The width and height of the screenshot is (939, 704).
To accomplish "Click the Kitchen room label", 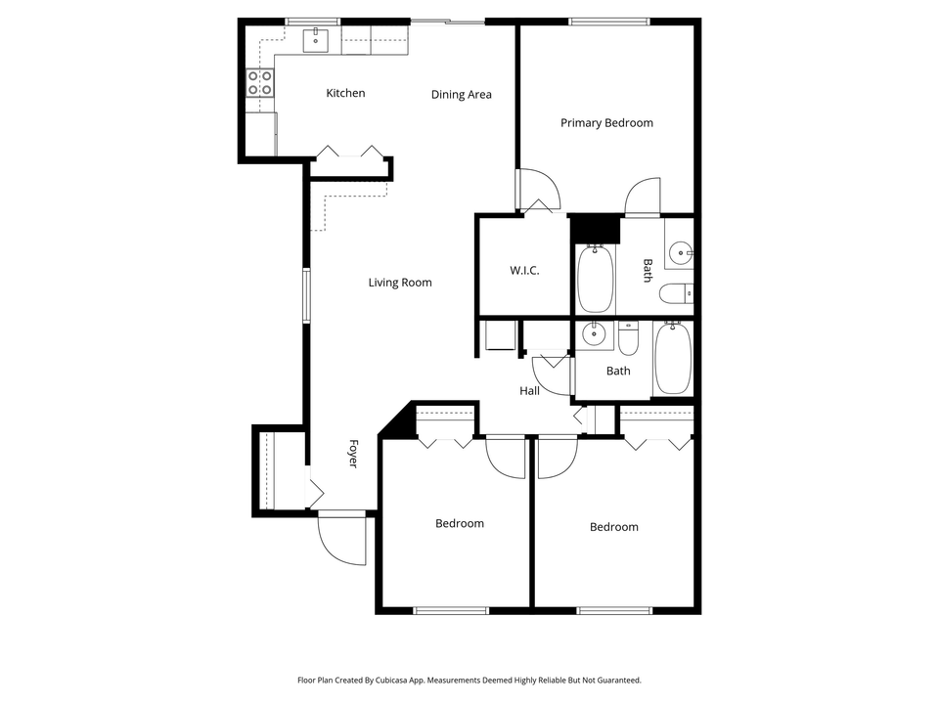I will tap(345, 93).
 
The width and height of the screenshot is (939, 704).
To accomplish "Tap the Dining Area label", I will tap(461, 95).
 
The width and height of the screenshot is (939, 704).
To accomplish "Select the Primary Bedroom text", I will tap(606, 123).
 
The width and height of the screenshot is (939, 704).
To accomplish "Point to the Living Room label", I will tap(400, 283).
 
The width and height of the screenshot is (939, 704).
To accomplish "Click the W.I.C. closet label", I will tap(524, 271).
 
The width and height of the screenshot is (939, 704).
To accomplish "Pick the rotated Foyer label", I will tap(352, 453).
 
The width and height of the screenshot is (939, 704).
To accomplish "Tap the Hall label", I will tap(529, 391).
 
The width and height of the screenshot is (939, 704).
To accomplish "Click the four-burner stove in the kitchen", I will tap(259, 83).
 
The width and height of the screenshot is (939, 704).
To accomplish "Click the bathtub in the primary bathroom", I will tap(595, 279).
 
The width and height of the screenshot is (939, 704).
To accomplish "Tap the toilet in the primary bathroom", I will tap(676, 292).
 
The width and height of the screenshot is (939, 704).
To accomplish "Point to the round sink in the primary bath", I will tap(680, 254).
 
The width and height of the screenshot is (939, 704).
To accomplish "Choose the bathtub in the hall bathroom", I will tap(672, 358).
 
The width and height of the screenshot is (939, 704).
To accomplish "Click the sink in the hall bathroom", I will tap(594, 335).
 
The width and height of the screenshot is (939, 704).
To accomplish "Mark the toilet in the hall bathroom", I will tap(629, 337).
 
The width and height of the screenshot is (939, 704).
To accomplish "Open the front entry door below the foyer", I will tap(342, 540).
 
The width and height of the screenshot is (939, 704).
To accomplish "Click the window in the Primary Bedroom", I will tap(609, 21).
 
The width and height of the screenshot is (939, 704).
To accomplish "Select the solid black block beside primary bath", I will tap(596, 229).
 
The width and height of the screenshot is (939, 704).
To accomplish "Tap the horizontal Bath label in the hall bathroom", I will tap(618, 372).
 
